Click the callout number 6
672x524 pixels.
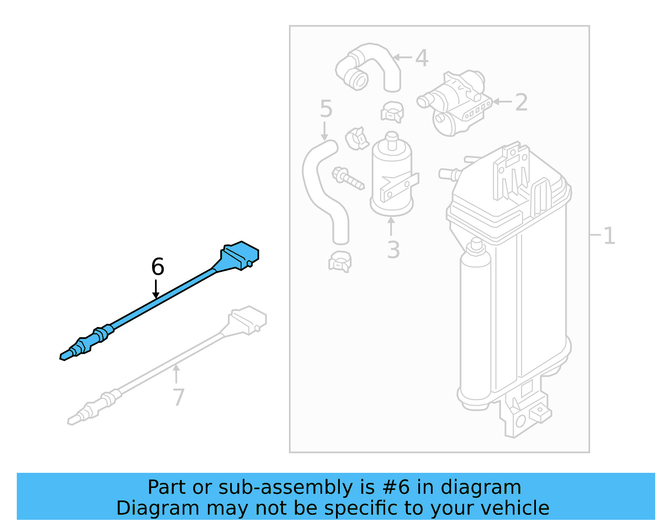[157, 267]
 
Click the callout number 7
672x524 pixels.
[178, 397]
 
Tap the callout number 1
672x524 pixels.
[609, 236]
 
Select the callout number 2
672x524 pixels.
[521, 102]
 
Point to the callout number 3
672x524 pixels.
[393, 250]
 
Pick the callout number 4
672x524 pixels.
[422, 58]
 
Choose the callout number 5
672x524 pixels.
[326, 109]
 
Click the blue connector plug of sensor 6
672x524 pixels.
[239, 255]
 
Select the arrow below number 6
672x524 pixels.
[156, 289]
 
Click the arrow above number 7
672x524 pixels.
[176, 374]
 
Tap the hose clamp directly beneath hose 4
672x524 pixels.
[393, 112]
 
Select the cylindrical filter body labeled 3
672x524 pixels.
[392, 176]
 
